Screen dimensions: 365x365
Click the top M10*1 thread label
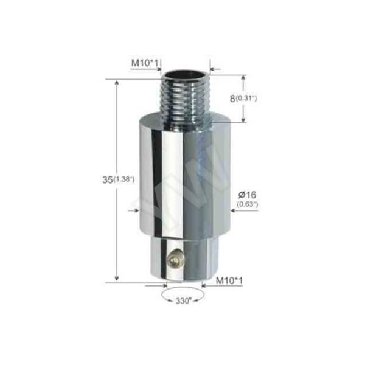[x=145, y=62]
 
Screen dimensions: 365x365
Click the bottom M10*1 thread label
[x=229, y=281]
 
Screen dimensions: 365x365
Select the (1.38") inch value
[x=123, y=179]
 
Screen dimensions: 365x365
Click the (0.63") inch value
[x=248, y=204]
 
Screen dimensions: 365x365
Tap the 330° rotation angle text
[x=183, y=301]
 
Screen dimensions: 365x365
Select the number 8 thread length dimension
[x=233, y=97]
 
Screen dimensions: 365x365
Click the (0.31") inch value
[x=247, y=98]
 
